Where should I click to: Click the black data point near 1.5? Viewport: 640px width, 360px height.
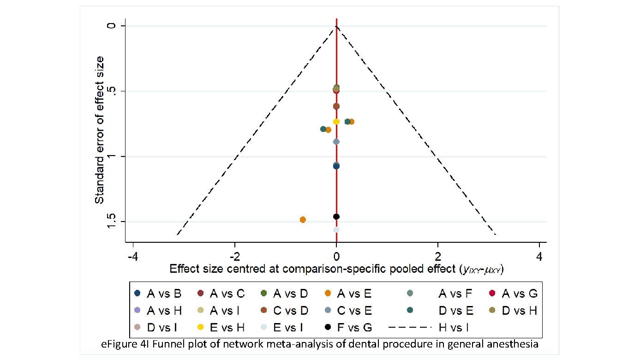[336, 216]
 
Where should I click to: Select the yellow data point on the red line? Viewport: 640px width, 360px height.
[336, 121]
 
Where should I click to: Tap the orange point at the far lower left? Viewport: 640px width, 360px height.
[303, 220]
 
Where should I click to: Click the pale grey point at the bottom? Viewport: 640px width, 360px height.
[336, 229]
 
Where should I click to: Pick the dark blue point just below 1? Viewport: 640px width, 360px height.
[336, 166]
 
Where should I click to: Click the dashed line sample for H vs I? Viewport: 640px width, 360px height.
[410, 327]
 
